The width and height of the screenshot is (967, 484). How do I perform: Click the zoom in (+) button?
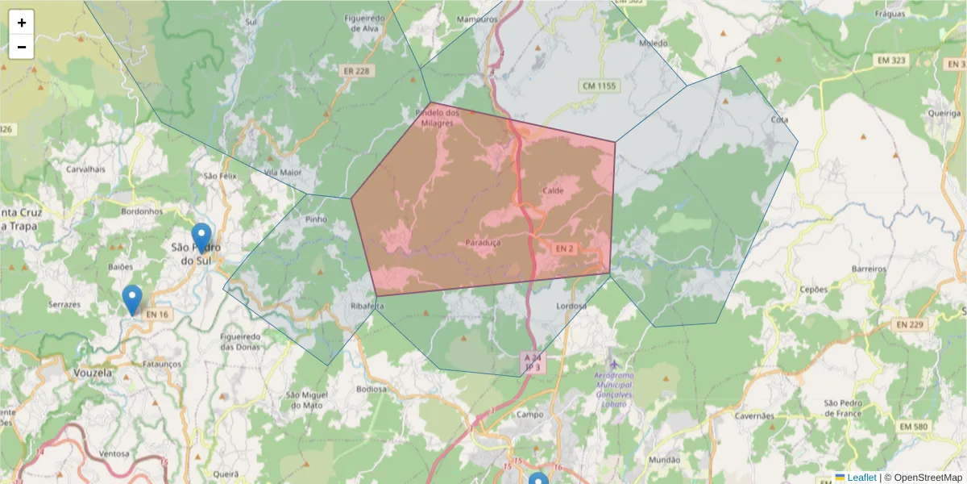tap(21, 23)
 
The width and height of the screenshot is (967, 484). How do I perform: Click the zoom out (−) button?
tap(21, 47)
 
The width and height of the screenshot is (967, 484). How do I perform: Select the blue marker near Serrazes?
tap(132, 299)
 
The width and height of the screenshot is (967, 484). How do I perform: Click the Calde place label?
tap(554, 191)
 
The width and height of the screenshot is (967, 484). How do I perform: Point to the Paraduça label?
tap(483, 243)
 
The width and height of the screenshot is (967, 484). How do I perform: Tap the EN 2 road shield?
tap(564, 248)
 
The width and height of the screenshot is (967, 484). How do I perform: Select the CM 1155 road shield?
tap(597, 85)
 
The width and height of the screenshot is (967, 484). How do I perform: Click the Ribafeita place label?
tap(367, 307)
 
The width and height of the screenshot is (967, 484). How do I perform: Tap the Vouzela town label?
tap(92, 374)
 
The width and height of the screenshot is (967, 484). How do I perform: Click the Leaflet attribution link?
tap(861, 478)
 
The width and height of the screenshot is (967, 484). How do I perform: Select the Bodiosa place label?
tap(371, 389)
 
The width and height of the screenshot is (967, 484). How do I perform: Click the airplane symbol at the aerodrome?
tap(615, 365)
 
